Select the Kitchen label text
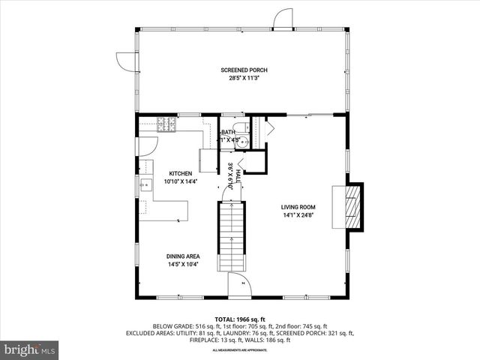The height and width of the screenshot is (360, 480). [180, 173]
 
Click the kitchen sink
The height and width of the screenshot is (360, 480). [142, 184]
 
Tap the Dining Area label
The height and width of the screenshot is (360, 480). [183, 256]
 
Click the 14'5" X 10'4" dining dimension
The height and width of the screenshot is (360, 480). [183, 264]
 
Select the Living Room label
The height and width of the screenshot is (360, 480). [298, 208]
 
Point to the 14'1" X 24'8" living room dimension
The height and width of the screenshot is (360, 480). [298, 216]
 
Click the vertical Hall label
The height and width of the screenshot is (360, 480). [238, 175]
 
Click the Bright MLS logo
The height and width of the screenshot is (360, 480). [30, 349]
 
